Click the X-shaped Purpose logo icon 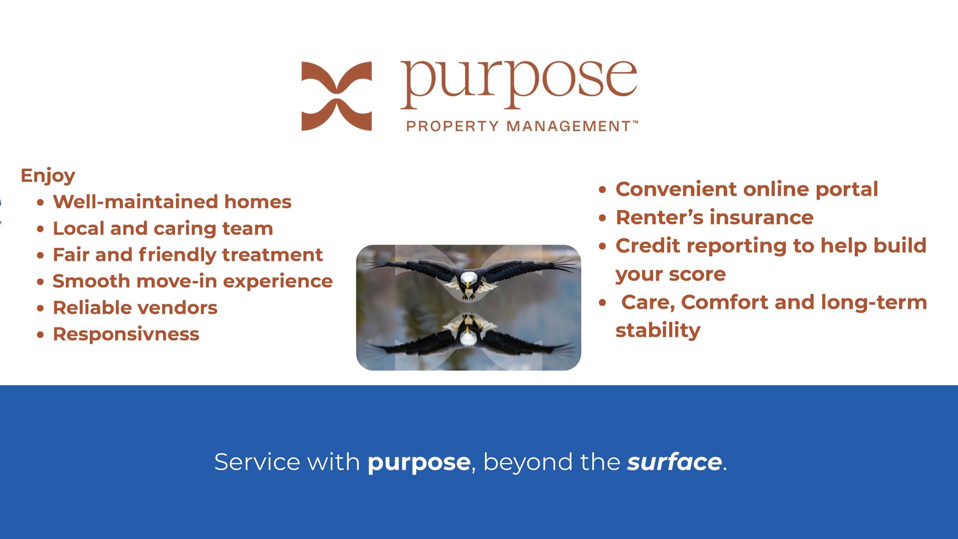(x=336, y=96)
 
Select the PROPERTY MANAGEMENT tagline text (x=522, y=126)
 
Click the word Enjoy (x=48, y=176)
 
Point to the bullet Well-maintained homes (x=172, y=202)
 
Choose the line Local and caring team (x=163, y=229)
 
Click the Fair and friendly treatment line (x=188, y=255)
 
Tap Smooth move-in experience (x=193, y=281)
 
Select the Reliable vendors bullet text (x=135, y=308)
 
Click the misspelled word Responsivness (x=126, y=334)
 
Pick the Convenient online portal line (x=747, y=190)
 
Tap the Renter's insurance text (x=715, y=218)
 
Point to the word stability (x=658, y=330)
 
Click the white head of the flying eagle (x=469, y=277)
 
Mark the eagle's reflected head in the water (x=469, y=338)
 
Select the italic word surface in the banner (x=674, y=462)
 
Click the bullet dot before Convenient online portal (x=603, y=190)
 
